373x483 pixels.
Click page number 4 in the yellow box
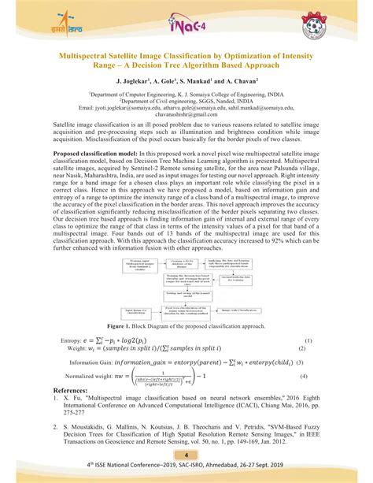tap(186, 457)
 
